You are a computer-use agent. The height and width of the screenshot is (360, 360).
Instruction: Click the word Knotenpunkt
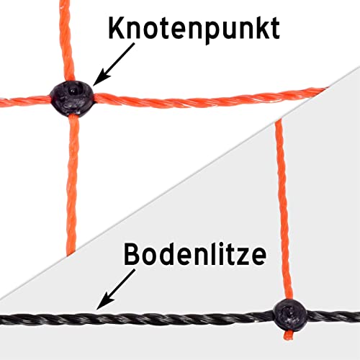click(194, 30)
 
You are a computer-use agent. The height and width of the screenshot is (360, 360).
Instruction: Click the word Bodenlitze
click(195, 254)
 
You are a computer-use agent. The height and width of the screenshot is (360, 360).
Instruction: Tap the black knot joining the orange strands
click(73, 99)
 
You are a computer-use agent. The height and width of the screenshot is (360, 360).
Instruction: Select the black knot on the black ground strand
click(290, 315)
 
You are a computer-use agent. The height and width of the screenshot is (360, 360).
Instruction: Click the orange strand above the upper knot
click(66, 41)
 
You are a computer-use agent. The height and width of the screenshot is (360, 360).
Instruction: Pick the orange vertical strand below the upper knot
click(72, 185)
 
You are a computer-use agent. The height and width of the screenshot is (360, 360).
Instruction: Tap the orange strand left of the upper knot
click(25, 102)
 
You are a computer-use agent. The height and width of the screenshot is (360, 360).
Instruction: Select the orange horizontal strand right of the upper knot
click(209, 99)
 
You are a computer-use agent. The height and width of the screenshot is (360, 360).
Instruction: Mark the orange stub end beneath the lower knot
click(288, 335)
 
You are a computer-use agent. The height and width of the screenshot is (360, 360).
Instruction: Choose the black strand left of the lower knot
click(137, 319)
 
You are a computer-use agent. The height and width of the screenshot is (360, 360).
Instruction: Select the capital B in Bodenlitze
click(132, 254)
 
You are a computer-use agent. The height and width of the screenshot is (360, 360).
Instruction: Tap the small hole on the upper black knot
click(72, 91)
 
